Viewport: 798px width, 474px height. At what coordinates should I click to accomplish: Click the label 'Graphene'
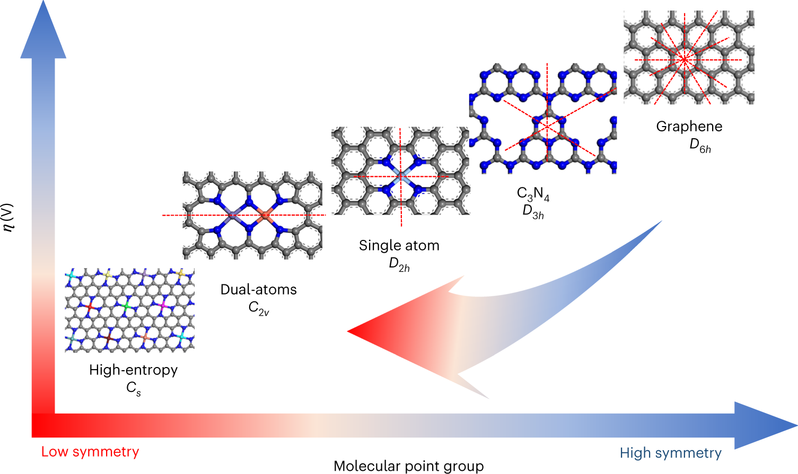pyautogui.click(x=689, y=127)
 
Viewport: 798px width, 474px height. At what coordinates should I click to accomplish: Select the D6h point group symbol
pyautogui.click(x=700, y=146)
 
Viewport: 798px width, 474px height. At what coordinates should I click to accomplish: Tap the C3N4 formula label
pyautogui.click(x=533, y=194)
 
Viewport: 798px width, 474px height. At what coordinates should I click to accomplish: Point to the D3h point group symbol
pyautogui.click(x=533, y=212)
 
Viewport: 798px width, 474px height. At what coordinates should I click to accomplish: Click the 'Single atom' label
pyautogui.click(x=399, y=246)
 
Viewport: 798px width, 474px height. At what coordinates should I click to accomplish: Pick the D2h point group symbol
pyautogui.click(x=399, y=265)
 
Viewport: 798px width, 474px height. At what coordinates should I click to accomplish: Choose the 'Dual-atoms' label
pyautogui.click(x=258, y=290)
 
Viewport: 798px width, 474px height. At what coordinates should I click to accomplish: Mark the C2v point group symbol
pyautogui.click(x=259, y=308)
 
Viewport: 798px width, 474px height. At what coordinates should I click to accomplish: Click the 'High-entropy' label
pyautogui.click(x=133, y=370)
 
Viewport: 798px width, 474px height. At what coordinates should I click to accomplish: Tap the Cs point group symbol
pyautogui.click(x=134, y=389)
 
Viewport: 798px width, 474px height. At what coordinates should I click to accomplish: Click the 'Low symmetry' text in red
pyautogui.click(x=90, y=452)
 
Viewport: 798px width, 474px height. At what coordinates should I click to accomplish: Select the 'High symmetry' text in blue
pyautogui.click(x=670, y=453)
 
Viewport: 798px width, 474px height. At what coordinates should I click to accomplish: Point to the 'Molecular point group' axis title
pyautogui.click(x=408, y=466)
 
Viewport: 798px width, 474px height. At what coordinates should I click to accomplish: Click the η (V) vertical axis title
pyautogui.click(x=8, y=217)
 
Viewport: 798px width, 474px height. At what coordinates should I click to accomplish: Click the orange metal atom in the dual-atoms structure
pyautogui.click(x=266, y=214)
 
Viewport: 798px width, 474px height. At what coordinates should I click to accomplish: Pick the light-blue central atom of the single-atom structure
pyautogui.click(x=401, y=176)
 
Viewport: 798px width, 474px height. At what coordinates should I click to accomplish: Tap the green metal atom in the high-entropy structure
pyautogui.click(x=126, y=306)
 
